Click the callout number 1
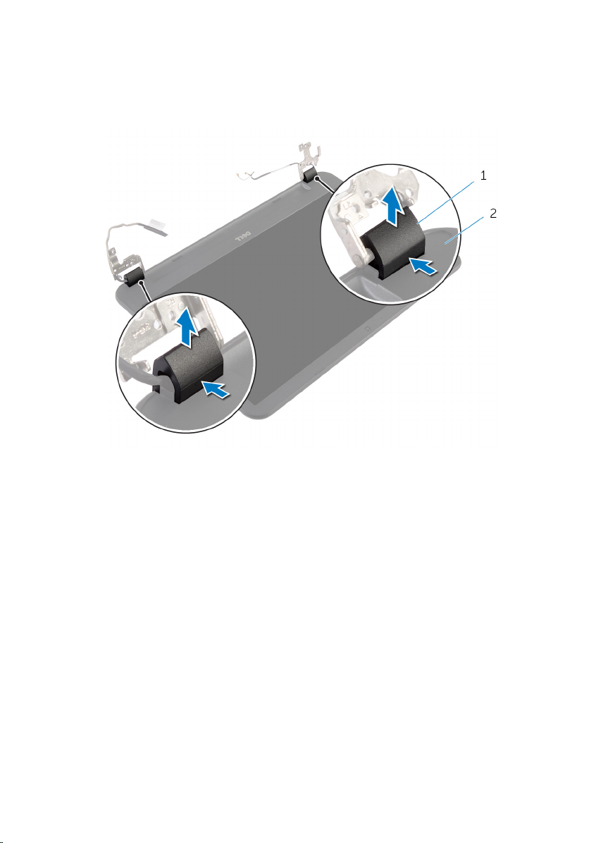[483, 176]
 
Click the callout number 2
[492, 214]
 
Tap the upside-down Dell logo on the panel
[246, 237]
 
